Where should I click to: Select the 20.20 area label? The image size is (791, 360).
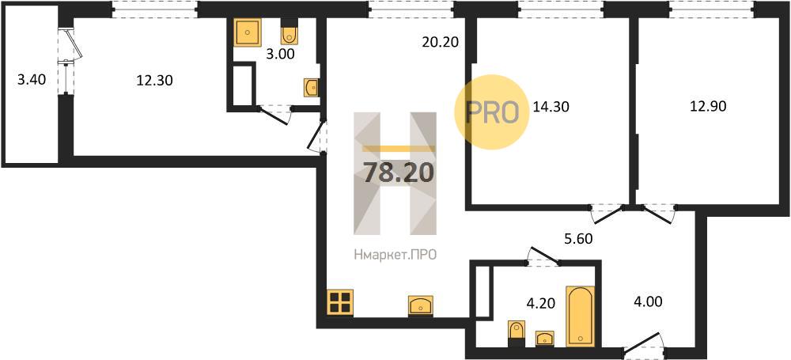[x=440, y=43]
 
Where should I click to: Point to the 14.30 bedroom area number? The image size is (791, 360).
[x=551, y=107]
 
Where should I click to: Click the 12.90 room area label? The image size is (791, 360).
[x=708, y=107]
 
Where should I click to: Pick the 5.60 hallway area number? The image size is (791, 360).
[x=577, y=239]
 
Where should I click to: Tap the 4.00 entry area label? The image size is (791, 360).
[x=646, y=302]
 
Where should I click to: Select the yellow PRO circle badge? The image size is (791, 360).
[x=492, y=112]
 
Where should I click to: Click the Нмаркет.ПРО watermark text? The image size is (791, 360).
[x=395, y=256]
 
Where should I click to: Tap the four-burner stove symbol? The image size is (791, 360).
[x=339, y=302]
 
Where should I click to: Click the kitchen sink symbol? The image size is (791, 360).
[x=420, y=305]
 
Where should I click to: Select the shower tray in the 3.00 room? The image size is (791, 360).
[x=247, y=32]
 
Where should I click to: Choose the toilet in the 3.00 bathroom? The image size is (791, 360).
[x=289, y=32]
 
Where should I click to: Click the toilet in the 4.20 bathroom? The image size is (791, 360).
[x=516, y=332]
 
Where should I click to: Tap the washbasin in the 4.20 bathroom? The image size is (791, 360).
[x=544, y=337]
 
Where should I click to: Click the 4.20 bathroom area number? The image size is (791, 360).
[x=540, y=304]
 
